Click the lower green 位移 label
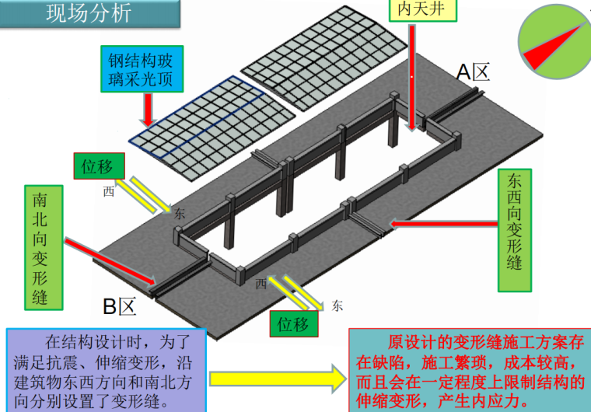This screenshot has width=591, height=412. coord(295,323)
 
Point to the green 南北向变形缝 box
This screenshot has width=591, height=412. coord(43,247)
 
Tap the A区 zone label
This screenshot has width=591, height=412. coord(473,72)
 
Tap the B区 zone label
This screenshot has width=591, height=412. coord(120,306)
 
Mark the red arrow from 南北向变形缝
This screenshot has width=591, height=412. coord(112,261)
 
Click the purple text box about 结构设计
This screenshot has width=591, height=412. coord(107,370)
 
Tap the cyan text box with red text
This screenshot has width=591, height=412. coord(469,370)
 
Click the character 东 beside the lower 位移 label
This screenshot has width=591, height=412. coord(336,305)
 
